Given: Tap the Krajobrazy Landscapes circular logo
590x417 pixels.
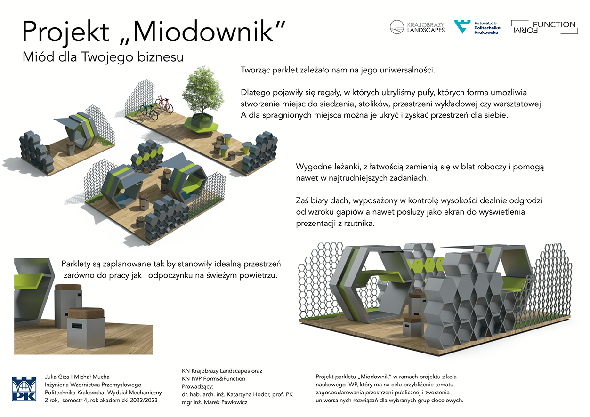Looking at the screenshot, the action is [396, 27].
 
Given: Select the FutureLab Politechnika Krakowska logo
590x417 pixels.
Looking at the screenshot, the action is [477, 27].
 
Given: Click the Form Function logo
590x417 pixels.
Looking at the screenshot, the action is [544, 27].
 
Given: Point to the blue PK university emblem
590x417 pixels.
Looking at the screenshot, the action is [24, 389].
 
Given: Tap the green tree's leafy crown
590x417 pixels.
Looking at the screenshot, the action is [202, 90].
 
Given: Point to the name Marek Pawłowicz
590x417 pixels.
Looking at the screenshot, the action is [226, 402].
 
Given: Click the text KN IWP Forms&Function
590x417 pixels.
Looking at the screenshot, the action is [213, 378].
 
